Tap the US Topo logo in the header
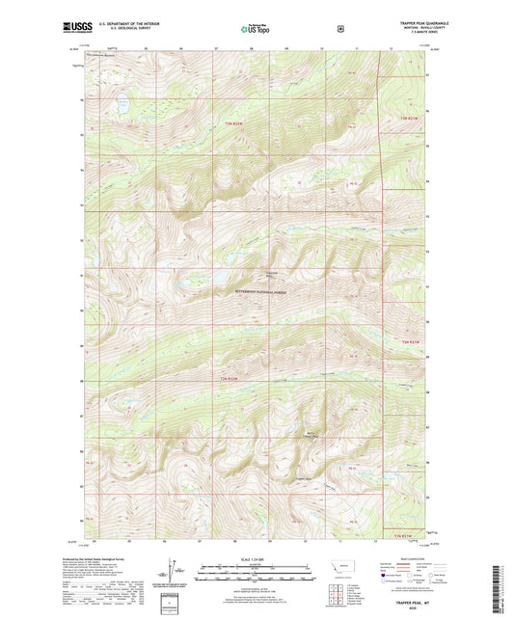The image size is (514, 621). click(x=256, y=30)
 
